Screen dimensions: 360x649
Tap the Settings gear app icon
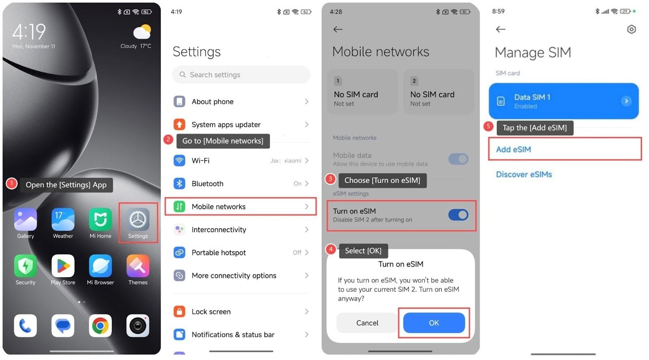coord(138,220)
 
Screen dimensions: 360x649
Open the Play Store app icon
coord(63,266)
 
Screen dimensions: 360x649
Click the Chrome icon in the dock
coord(100,326)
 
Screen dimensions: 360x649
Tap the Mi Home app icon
coord(100,220)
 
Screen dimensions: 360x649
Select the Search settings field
coord(241,75)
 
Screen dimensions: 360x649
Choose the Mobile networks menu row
coord(241,207)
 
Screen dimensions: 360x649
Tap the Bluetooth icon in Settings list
coord(179,183)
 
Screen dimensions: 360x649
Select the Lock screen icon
coord(179,311)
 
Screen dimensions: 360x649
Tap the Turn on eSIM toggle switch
coord(458,215)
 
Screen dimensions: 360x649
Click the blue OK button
coord(434,323)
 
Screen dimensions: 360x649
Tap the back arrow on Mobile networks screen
coord(338,29)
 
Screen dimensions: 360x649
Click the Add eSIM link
coord(514,149)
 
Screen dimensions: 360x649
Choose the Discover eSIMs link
coord(524,175)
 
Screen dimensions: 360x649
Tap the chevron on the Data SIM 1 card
coord(626,101)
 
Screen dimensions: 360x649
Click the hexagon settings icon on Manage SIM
coord(631,29)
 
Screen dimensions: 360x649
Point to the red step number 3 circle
coord(330,179)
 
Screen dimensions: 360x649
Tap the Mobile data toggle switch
coord(458,159)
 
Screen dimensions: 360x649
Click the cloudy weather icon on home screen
coord(142,32)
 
